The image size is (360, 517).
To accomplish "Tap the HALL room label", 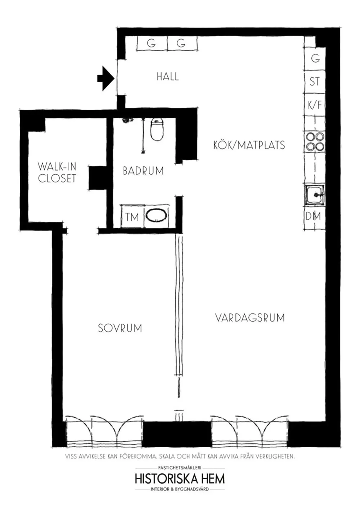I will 167,76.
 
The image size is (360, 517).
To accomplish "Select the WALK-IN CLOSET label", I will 57,172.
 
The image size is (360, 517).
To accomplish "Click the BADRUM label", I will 143,171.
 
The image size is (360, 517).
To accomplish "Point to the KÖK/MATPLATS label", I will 249,145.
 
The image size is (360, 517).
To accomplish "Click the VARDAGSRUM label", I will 250,318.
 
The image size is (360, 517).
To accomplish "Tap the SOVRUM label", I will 120,328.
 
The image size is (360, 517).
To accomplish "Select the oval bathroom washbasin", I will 156,216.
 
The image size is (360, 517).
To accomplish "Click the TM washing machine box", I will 132,217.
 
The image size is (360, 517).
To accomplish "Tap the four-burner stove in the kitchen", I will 315,141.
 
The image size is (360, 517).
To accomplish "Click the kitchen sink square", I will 315,195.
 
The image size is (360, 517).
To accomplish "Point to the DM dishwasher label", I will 313,216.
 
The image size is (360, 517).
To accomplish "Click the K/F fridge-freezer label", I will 314,105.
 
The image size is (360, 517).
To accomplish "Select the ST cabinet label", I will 314,82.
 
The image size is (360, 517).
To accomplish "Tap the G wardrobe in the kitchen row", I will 315,58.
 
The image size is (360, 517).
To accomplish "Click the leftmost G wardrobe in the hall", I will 152,44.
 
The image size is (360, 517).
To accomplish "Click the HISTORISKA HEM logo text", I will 180,478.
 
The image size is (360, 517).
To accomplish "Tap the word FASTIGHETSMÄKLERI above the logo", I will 180,468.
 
